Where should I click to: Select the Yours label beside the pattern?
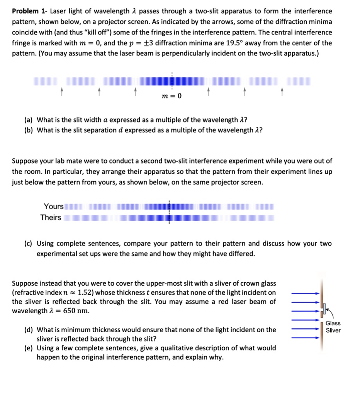point(54,207)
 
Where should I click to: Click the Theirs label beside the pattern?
point(51,217)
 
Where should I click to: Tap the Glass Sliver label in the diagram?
point(333,327)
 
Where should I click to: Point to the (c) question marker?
point(28,244)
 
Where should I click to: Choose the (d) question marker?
point(28,330)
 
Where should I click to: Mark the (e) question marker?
point(28,348)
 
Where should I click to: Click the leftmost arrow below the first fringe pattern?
point(61,92)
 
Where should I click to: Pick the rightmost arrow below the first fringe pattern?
point(282,92)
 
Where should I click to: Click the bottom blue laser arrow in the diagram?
point(306,337)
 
